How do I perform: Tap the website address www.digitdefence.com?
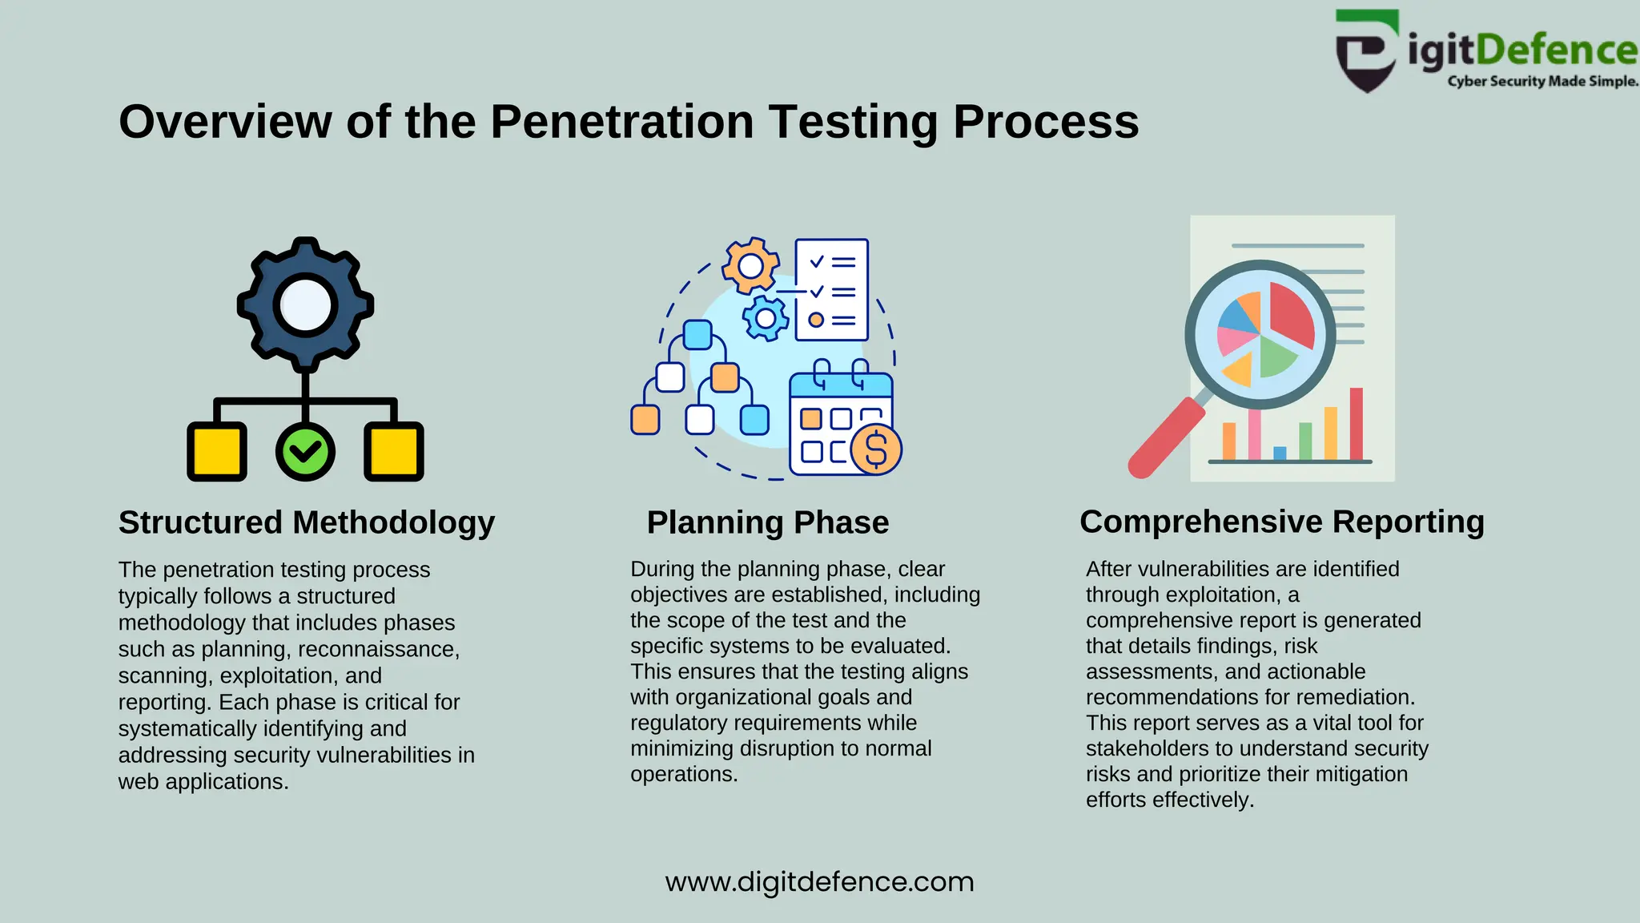point(819,881)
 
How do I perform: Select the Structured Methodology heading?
point(307,522)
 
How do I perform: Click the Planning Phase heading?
point(768,522)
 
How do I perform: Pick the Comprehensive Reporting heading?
point(1281,522)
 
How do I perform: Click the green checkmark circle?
point(305,452)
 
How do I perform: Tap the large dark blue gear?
point(305,305)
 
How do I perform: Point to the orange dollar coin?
point(876,449)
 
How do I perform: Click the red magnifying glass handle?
point(1165,439)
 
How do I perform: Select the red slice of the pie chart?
point(1290,315)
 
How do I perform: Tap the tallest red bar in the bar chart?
point(1356,424)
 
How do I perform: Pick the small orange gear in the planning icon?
point(750,265)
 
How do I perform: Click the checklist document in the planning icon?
point(832,289)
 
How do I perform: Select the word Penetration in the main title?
point(621,122)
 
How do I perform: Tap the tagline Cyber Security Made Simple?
point(1542,81)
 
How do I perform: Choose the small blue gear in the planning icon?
point(766,318)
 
